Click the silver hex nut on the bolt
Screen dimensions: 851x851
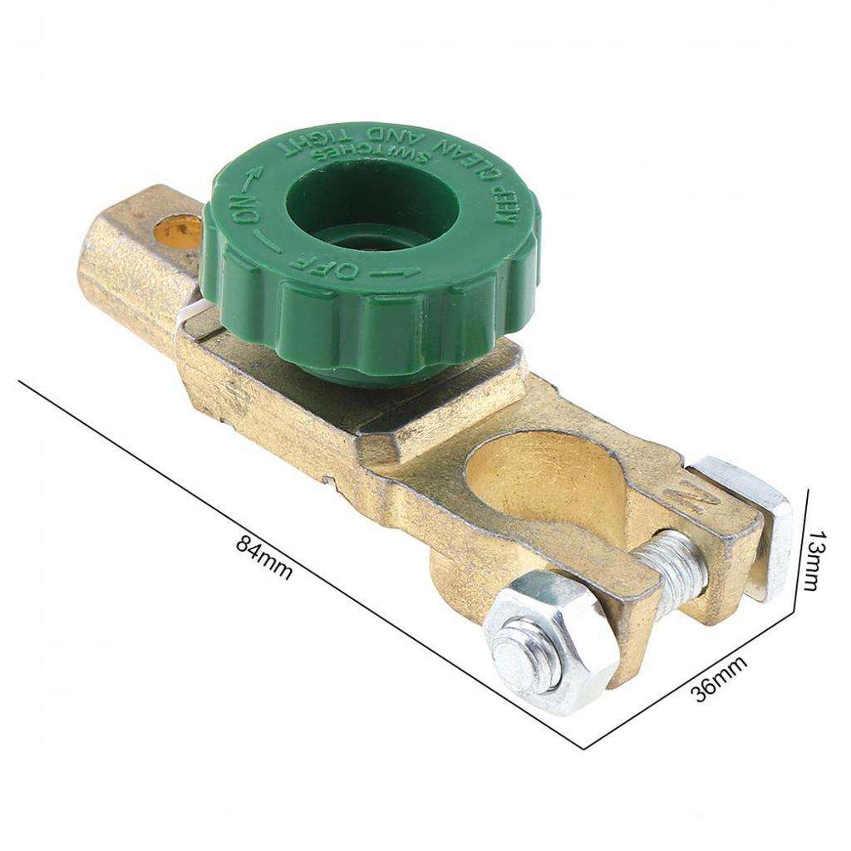[553, 638]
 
